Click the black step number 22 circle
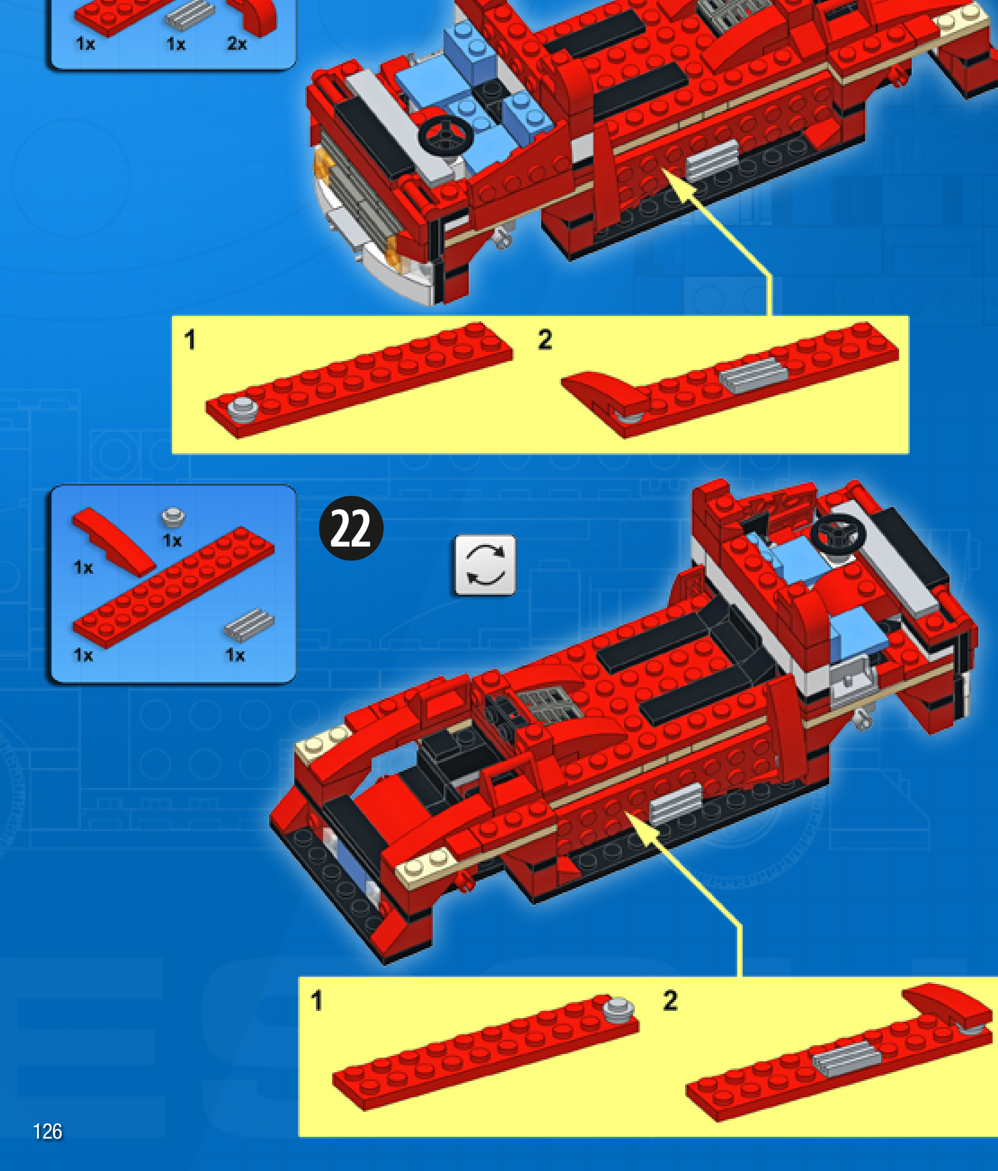[351, 528]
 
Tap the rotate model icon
[485, 565]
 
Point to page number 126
[47, 1131]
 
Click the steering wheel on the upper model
[445, 136]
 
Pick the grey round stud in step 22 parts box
[173, 516]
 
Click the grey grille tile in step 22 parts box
[249, 624]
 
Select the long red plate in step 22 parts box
[173, 588]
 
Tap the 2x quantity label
[237, 44]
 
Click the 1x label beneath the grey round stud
[172, 541]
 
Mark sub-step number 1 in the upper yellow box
[190, 339]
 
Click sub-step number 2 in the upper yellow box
[545, 339]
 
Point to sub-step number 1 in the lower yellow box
[316, 1001]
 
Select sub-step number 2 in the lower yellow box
[671, 1001]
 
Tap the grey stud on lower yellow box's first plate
[617, 1009]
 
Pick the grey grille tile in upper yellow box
[753, 375]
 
